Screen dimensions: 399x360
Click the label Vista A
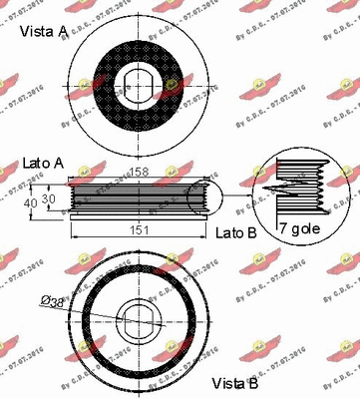pos(42,32)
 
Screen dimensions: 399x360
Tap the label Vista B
pos(236,383)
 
